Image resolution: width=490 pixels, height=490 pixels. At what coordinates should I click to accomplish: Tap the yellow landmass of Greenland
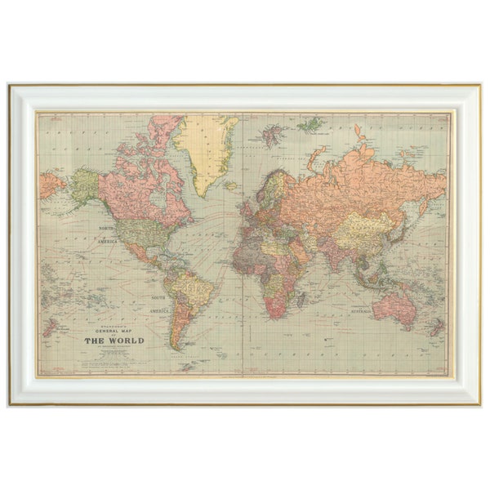point(203,147)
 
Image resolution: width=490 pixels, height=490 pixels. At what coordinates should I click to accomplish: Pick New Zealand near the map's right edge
point(436,328)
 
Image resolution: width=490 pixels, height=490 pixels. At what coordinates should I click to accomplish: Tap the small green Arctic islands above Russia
point(310,125)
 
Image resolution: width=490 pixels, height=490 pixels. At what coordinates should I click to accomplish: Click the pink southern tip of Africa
point(276,308)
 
